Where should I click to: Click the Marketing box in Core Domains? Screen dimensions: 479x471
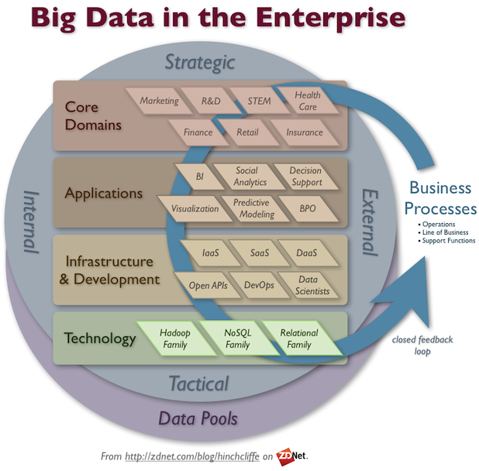coord(159,101)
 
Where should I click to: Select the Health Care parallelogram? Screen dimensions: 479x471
coord(308,101)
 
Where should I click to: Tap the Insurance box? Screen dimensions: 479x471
coord(305,132)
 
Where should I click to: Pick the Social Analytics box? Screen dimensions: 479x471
coord(250,177)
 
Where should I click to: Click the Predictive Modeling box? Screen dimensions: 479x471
coord(255,208)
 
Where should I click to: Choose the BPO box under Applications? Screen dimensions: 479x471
coord(308,208)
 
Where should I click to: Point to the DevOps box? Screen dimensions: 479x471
coord(259,285)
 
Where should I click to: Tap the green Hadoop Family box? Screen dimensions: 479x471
coord(176,339)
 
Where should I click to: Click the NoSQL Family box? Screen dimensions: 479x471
coord(239,339)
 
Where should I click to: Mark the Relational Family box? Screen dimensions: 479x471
coord(302,339)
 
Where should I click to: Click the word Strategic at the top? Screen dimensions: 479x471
coord(200,63)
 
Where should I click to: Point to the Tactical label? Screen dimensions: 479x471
coord(199,383)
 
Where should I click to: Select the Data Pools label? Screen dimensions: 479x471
coord(198,418)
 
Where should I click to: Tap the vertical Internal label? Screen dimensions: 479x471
coord(32,222)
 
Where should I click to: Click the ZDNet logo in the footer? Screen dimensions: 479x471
coord(291,456)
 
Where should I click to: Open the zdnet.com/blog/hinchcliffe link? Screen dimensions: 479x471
coord(192,456)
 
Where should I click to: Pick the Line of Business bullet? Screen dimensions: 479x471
coord(443,232)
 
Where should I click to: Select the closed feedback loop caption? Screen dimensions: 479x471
coord(422,346)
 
